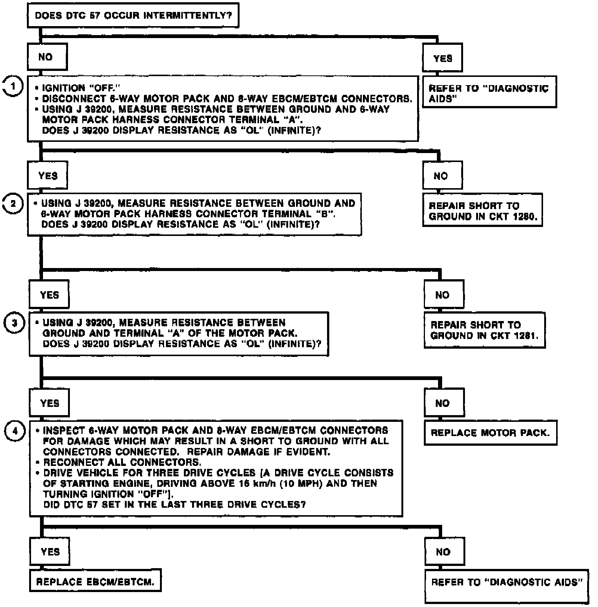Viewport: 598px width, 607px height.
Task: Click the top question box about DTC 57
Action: click(x=133, y=15)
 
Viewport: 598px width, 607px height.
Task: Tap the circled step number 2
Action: click(x=13, y=204)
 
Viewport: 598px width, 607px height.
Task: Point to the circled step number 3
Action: click(x=15, y=323)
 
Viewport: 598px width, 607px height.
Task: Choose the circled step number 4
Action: click(x=15, y=431)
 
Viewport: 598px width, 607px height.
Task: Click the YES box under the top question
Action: click(x=443, y=58)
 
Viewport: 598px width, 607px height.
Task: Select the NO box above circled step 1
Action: click(x=47, y=57)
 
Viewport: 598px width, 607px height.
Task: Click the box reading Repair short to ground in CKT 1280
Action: click(x=482, y=211)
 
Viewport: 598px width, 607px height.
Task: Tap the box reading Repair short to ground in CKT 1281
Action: click(x=484, y=330)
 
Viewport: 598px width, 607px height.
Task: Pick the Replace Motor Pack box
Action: click(x=490, y=433)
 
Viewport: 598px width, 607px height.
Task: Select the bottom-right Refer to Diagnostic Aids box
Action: click(x=507, y=585)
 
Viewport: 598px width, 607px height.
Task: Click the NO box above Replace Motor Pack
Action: click(x=444, y=403)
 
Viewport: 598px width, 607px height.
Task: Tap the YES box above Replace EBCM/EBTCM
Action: click(x=50, y=552)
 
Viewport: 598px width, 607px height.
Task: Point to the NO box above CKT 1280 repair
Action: click(x=443, y=175)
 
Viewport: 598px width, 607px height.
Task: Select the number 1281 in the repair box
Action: click(x=526, y=336)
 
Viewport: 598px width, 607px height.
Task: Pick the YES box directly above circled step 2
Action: click(x=48, y=175)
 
